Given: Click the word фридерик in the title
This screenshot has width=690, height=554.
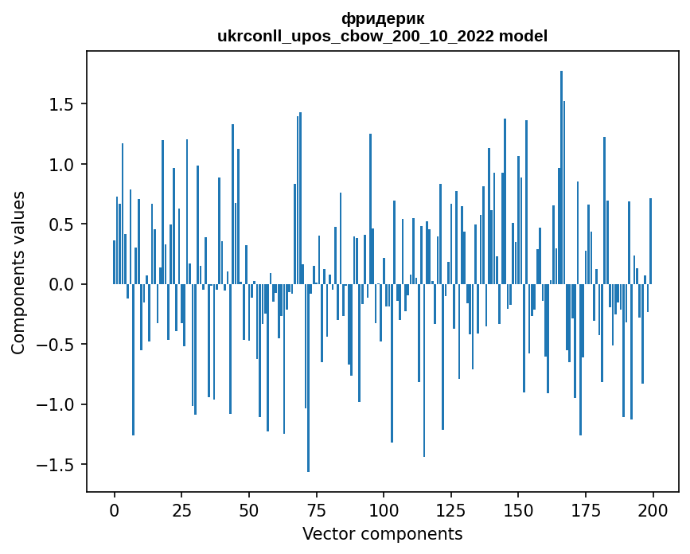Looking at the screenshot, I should coord(382,18).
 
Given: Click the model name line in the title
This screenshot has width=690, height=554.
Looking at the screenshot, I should coord(382,36).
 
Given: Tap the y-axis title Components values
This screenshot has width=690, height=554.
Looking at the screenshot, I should coord(18,271).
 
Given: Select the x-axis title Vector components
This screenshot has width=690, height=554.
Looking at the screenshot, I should coord(382,533).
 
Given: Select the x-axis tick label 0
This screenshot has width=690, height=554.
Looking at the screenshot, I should coord(114,509).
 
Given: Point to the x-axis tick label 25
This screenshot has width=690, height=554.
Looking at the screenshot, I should coord(181,509).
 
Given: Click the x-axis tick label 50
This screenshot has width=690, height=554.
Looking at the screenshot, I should coord(249,509).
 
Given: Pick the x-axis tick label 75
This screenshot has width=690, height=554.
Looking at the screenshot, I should coord(316,509).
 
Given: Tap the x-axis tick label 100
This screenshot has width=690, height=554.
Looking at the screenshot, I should coord(384,509).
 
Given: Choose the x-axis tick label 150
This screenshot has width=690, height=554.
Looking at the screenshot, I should coord(518,509).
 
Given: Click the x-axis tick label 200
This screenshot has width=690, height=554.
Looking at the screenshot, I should coord(653,509).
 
